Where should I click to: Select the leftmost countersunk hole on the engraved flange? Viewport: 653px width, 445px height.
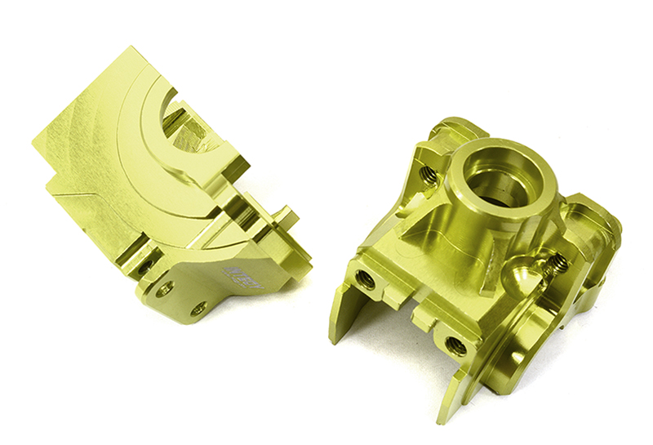[166, 287]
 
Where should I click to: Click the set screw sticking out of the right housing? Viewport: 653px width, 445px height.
[558, 263]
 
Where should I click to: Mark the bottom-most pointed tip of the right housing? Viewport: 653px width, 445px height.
[443, 417]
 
